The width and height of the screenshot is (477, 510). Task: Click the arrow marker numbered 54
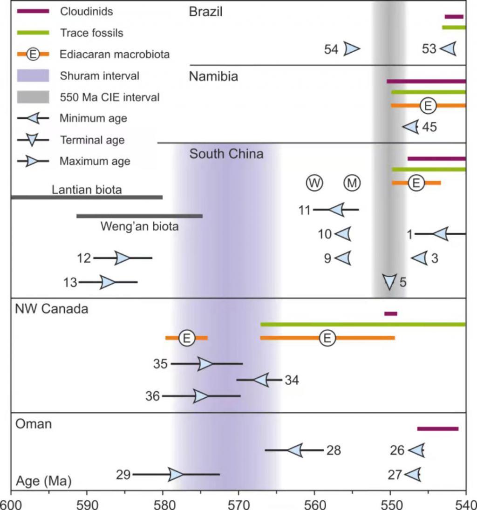tap(352, 48)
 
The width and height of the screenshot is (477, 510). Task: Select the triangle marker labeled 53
tap(448, 48)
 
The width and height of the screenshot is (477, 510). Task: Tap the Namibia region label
tap(213, 76)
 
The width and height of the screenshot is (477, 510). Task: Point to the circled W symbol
tap(314, 183)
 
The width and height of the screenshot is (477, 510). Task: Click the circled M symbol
tap(352, 183)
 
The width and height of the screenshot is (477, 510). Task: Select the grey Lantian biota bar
tap(86, 197)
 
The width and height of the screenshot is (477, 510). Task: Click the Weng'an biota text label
tap(140, 227)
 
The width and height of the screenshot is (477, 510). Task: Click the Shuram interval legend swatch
tap(33, 75)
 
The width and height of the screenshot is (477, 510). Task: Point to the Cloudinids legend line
tap(33, 12)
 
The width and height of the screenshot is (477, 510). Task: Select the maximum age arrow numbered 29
tap(176, 475)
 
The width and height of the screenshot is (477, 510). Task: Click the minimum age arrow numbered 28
tap(295, 450)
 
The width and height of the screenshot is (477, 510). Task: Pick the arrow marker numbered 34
tap(261, 380)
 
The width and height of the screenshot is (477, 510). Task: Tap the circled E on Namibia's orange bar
tap(428, 106)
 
